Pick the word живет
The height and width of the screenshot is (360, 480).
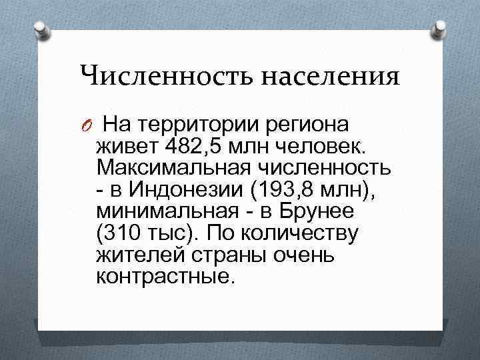coord(125,145)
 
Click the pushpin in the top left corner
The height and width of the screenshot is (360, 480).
coord(40,29)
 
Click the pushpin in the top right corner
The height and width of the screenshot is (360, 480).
coord(440,28)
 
